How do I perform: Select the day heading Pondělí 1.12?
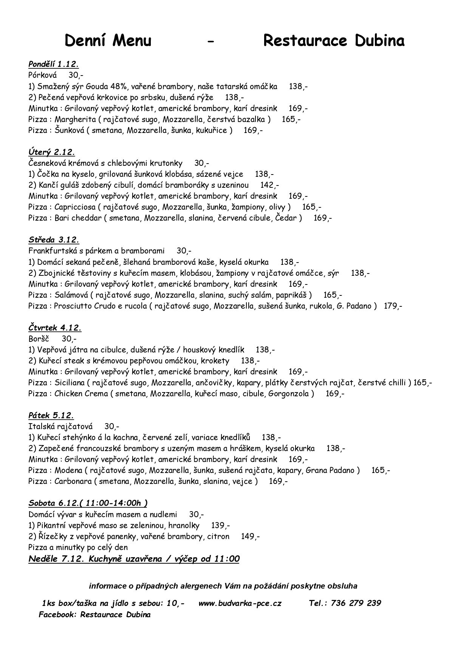pyautogui.click(x=53, y=64)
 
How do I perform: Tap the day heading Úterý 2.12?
pyautogui.click(x=51, y=152)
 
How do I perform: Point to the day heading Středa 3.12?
pyautogui.click(x=54, y=240)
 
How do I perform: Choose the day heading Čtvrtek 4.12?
pyautogui.click(x=55, y=328)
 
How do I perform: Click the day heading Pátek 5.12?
pyautogui.click(x=51, y=416)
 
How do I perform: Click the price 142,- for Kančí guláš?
pyautogui.click(x=270, y=185)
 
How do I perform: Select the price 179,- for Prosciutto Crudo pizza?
pyautogui.click(x=393, y=306)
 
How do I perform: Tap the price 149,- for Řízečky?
pyautogui.click(x=250, y=536)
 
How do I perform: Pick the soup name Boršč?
pyautogui.click(x=39, y=338)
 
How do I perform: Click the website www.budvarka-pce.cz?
pyautogui.click(x=240, y=603)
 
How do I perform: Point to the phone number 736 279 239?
pyautogui.click(x=356, y=603)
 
